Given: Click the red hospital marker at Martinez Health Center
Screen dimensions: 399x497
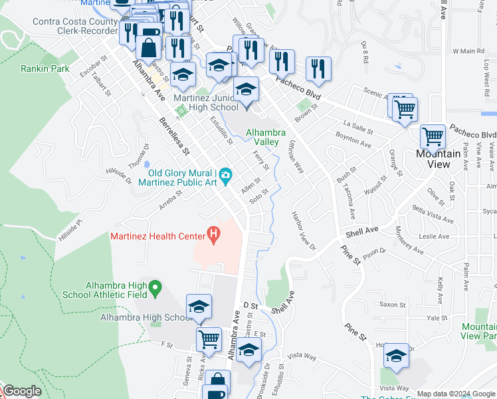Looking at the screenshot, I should click(213, 234).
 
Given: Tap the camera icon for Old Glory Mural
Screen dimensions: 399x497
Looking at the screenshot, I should click(227, 176).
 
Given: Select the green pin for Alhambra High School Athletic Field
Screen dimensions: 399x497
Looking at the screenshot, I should click(155, 288).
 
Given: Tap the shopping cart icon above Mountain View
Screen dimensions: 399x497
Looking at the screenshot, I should click(433, 137).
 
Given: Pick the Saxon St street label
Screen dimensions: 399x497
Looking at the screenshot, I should click(393, 305).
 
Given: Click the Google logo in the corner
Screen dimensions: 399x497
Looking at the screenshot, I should click(22, 391).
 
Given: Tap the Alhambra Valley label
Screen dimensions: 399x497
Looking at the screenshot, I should click(266, 137).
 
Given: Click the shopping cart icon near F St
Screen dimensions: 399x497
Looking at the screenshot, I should click(209, 338).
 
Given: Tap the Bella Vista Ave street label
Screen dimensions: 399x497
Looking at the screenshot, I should click(432, 215).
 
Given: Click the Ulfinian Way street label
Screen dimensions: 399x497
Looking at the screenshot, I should click(296, 157).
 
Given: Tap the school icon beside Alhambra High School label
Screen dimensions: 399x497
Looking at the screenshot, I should click(199, 307).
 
